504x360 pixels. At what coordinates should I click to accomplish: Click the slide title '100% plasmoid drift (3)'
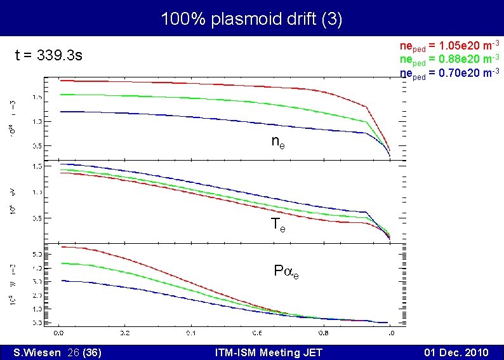click(251, 19)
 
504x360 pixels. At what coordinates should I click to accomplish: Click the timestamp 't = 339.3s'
click(49, 55)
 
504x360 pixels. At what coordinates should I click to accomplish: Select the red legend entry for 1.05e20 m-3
click(449, 46)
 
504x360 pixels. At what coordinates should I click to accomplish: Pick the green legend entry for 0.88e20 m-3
click(449, 59)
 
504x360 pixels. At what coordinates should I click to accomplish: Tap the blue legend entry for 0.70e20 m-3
click(449, 72)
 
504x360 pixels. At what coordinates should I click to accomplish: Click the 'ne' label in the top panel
click(278, 142)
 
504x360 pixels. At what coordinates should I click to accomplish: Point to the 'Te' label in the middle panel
click(278, 223)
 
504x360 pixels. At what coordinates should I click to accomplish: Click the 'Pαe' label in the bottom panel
click(286, 271)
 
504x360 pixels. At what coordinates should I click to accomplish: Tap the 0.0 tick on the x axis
click(58, 333)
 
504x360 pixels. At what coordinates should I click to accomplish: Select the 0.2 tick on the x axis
click(124, 333)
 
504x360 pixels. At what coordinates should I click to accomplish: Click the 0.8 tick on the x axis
click(324, 333)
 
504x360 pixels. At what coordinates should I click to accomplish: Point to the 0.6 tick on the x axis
click(257, 333)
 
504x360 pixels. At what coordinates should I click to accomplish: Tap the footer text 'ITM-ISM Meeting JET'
click(269, 352)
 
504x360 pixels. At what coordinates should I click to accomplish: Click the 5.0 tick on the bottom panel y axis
click(37, 253)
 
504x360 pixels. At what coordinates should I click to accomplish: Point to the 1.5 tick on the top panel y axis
click(37, 97)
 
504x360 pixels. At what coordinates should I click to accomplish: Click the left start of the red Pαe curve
click(61, 247)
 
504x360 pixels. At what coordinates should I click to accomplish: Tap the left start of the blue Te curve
click(61, 164)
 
